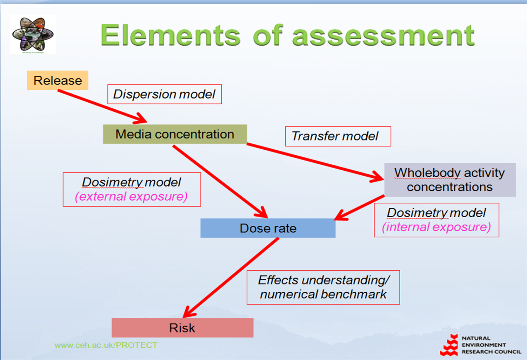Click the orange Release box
(58, 80)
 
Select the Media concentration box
(175, 134)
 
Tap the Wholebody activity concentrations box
(449, 180)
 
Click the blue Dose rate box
(268, 228)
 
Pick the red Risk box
(182, 328)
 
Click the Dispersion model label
(164, 94)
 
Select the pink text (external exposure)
(131, 197)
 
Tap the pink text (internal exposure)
(436, 227)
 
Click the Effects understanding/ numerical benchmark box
(323, 287)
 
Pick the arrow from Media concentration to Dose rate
(219, 181)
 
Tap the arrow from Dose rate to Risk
(232, 277)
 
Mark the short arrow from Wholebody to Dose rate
(360, 208)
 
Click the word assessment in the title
(383, 35)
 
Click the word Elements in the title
(171, 35)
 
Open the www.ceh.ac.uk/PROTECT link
(106, 345)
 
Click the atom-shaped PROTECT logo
(33, 34)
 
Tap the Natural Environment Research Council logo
(480, 345)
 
